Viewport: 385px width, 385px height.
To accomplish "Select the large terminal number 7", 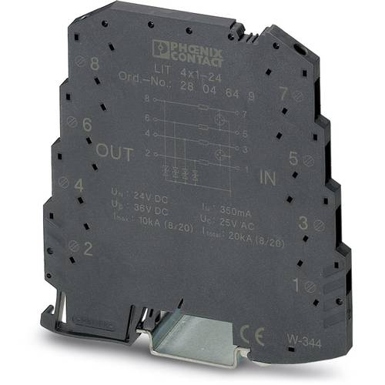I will coord(284,94).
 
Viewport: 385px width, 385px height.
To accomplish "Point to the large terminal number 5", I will coord(293,159).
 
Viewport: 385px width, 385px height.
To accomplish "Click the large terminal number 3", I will coord(303,224).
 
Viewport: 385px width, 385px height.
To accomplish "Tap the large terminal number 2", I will coord(89,248).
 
